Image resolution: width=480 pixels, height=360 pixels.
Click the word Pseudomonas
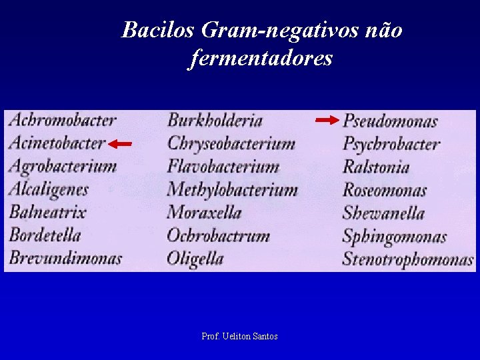point(390,121)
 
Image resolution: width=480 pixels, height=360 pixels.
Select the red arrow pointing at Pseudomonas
point(327,120)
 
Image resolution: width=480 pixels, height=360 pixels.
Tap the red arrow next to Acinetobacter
point(121,143)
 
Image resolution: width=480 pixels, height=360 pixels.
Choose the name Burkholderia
point(215,121)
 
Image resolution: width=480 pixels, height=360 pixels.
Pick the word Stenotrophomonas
point(407,259)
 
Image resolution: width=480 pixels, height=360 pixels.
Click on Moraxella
point(203,213)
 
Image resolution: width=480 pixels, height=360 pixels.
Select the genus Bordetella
point(45,235)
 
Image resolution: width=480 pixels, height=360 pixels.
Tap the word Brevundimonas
point(65,258)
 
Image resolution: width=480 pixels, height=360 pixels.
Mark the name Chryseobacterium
point(231,143)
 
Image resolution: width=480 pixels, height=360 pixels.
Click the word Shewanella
point(383,213)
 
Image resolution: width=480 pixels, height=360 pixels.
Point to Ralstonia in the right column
point(375,167)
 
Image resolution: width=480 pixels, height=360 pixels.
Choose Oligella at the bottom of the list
point(195,258)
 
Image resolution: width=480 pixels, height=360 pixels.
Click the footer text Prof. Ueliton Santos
point(239,337)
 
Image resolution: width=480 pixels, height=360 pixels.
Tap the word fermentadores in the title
point(261,59)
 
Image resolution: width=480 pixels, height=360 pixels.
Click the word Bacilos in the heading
point(157,30)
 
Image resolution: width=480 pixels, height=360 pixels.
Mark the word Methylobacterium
point(232,190)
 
